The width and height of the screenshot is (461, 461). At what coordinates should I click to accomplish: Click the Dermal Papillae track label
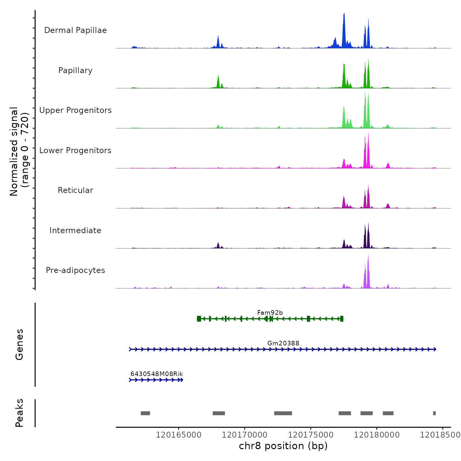[x=75, y=30]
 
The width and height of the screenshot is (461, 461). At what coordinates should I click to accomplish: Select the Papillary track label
[x=75, y=70]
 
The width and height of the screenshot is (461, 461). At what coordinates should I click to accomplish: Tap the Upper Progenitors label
[x=75, y=110]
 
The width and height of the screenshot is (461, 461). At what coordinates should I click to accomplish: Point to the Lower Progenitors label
[x=75, y=150]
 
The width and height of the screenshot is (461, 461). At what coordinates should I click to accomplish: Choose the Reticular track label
[x=75, y=190]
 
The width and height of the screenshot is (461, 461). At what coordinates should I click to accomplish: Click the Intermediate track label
[x=75, y=230]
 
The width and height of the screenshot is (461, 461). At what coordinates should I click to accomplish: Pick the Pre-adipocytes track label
[x=75, y=270]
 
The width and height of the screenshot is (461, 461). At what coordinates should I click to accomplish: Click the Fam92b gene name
[x=270, y=312]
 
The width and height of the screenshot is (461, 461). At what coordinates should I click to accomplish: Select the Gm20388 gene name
[x=283, y=343]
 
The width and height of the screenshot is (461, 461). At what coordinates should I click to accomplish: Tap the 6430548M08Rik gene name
[x=157, y=374]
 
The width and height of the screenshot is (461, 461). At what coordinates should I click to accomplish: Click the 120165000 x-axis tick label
[x=178, y=435]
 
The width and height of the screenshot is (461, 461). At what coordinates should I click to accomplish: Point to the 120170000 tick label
[x=245, y=435]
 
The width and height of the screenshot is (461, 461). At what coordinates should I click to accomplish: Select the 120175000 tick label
[x=311, y=435]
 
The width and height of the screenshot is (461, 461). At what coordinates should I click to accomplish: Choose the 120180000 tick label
[x=377, y=435]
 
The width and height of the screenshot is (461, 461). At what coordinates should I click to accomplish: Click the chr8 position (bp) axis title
[x=283, y=446]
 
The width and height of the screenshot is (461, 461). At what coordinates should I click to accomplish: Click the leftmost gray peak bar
[x=145, y=413]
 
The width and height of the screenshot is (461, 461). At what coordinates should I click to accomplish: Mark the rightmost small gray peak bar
[x=434, y=413]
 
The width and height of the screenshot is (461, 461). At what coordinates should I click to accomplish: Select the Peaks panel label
[x=19, y=413]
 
